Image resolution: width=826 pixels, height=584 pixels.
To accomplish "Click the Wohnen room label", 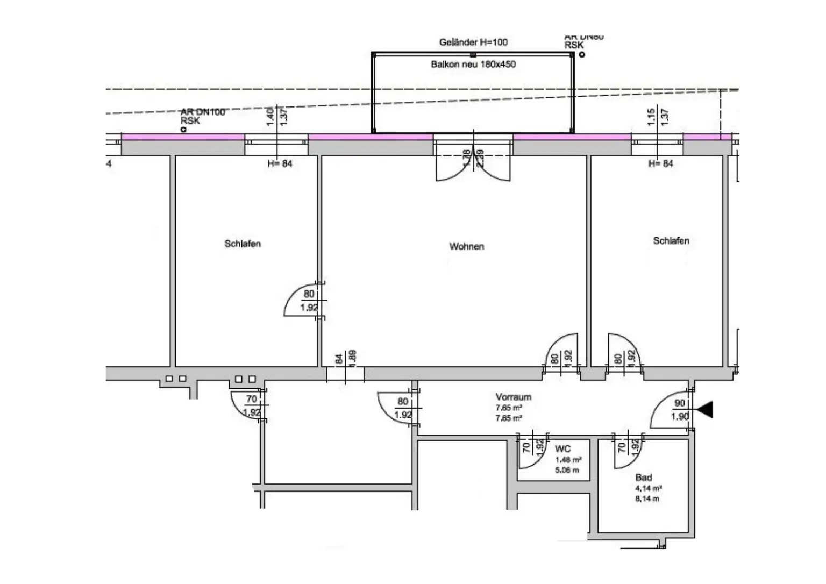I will point(466,246).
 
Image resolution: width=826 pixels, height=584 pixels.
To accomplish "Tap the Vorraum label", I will point(513,397).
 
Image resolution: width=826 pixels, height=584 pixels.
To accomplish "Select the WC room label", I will point(562,449).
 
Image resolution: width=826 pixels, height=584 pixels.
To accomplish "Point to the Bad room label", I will point(643,478).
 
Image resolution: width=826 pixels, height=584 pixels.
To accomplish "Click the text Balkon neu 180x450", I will point(473,65).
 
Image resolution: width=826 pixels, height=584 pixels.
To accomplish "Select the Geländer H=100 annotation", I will point(473,42).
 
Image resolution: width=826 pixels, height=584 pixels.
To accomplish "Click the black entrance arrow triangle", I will point(705,410).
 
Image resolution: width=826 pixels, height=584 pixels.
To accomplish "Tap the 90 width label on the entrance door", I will point(680,403).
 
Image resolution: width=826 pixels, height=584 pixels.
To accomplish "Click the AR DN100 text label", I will point(203,112).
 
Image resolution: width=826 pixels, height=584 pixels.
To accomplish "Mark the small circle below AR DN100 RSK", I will point(183,130).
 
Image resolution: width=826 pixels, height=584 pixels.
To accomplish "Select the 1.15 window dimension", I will point(651,117).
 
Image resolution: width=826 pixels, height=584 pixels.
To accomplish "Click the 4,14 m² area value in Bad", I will point(648,489).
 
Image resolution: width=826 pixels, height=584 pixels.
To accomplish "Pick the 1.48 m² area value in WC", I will point(568,460).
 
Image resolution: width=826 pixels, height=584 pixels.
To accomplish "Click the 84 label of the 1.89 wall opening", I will point(339,359).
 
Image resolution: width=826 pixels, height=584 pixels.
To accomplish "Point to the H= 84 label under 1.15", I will point(660,163).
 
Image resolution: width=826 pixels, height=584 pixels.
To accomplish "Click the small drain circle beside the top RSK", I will point(582,54).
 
